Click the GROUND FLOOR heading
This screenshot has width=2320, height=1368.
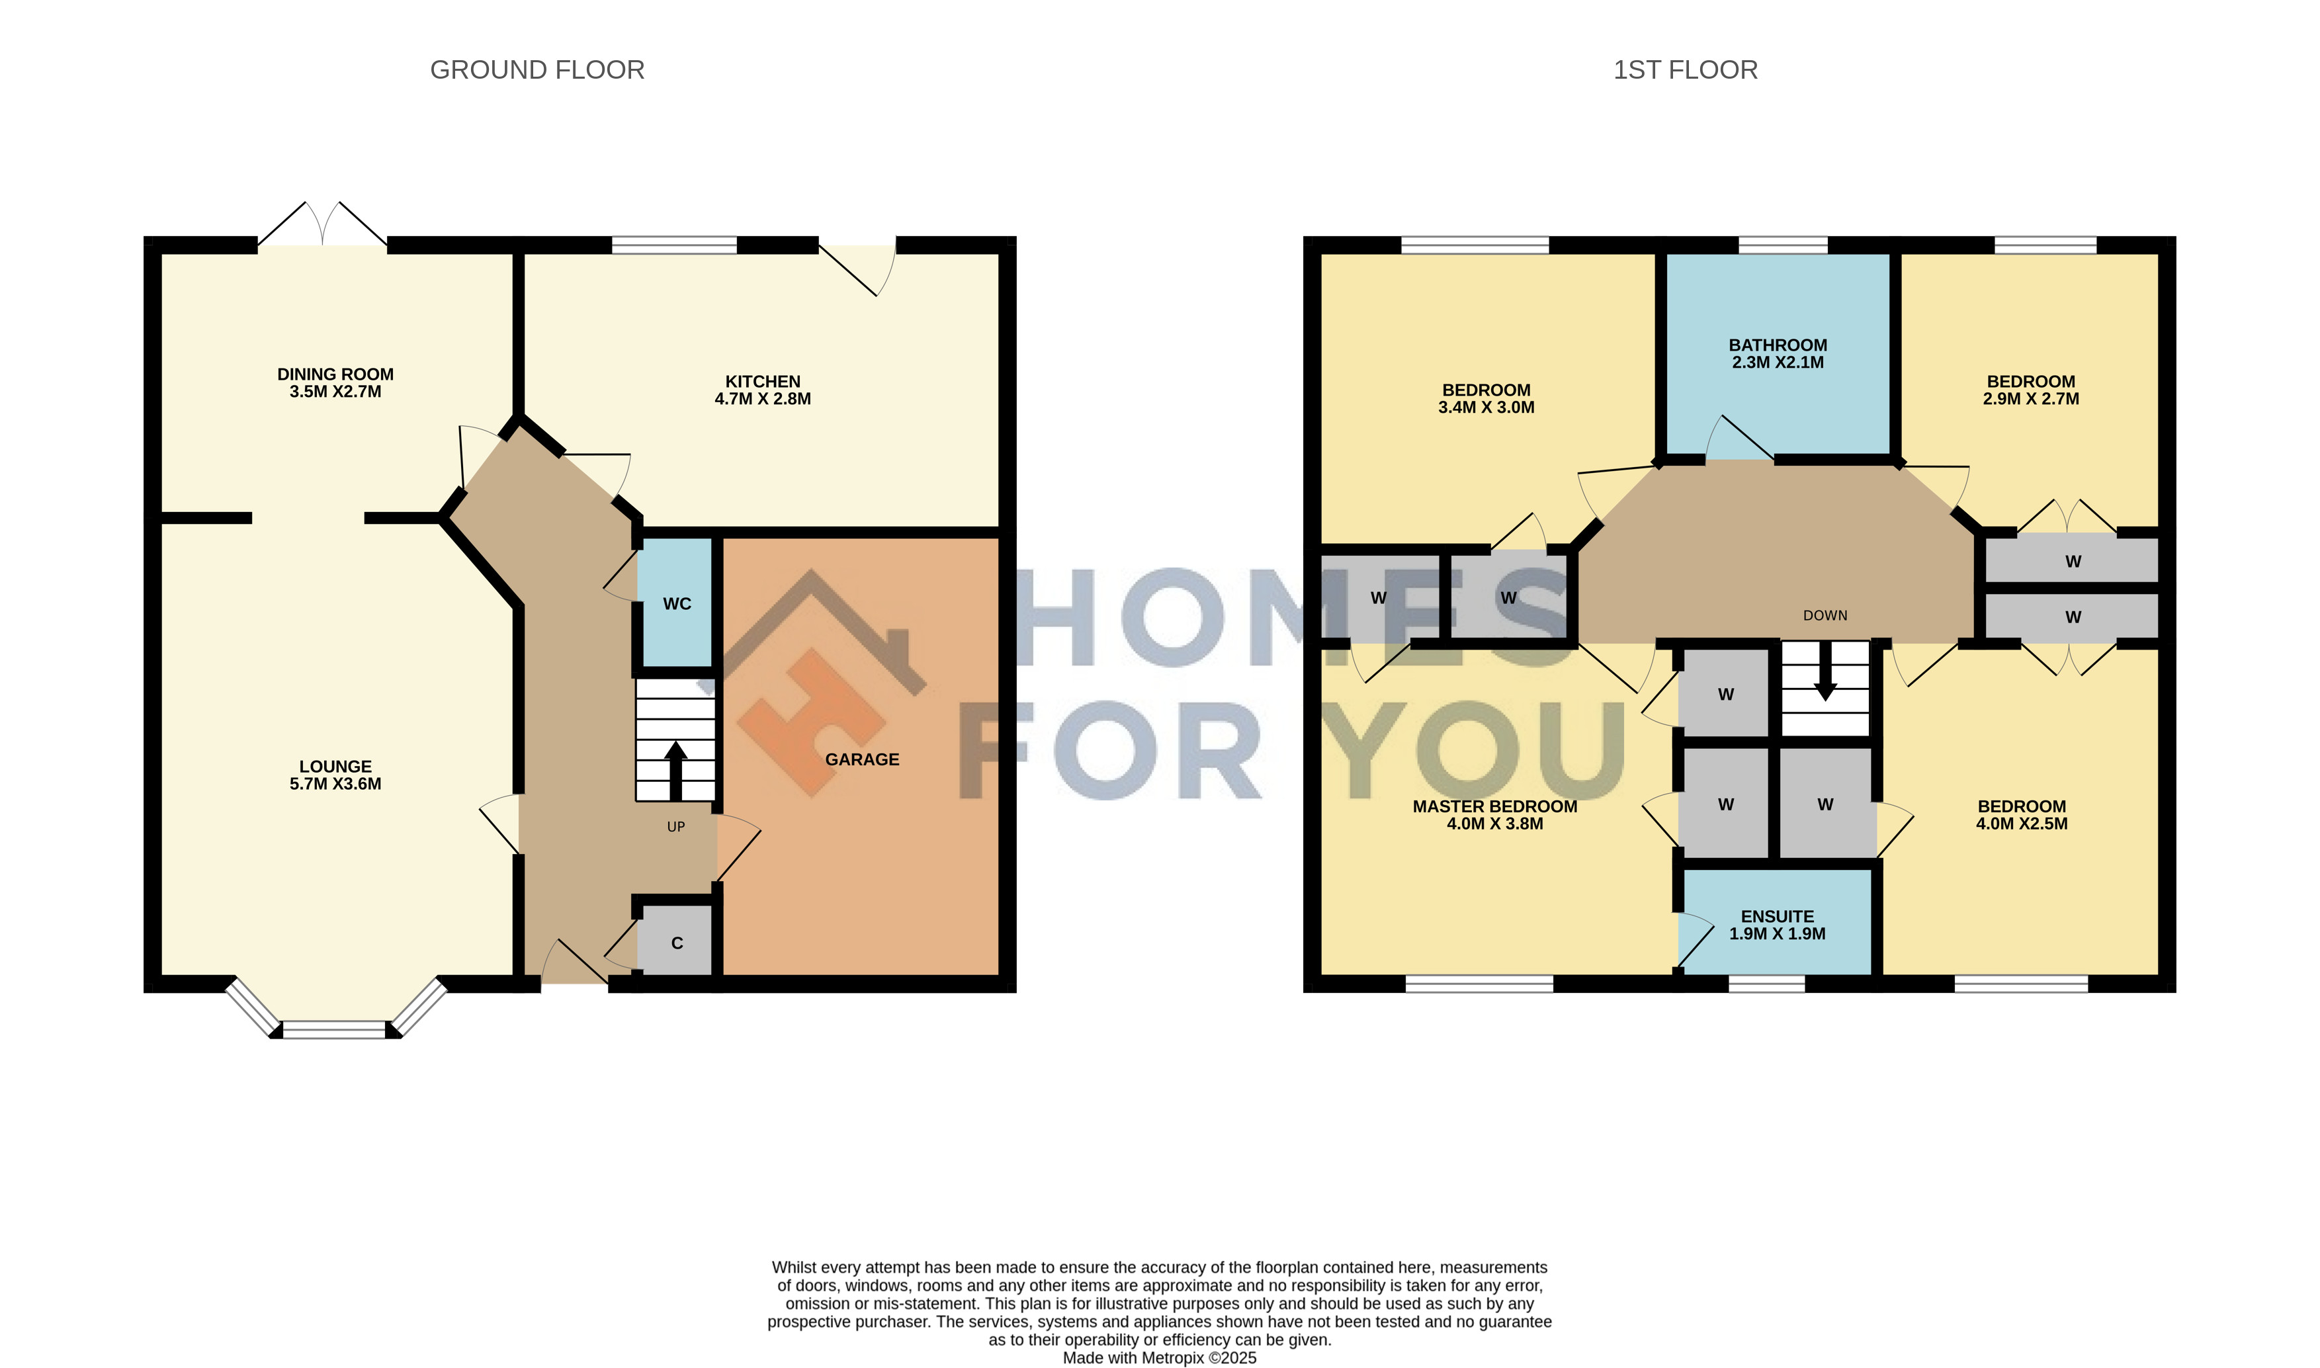click(x=537, y=70)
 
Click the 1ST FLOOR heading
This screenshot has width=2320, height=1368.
click(x=1685, y=70)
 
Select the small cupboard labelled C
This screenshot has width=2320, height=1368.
click(x=677, y=943)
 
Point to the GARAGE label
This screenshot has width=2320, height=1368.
click(x=862, y=759)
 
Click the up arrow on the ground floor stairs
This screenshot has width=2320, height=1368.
click(x=675, y=771)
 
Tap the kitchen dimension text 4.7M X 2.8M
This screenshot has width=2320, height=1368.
click(x=762, y=399)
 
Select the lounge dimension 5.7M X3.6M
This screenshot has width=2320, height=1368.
click(x=335, y=784)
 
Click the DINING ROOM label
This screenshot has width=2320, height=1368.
click(x=335, y=374)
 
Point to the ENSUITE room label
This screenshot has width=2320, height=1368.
click(x=1777, y=916)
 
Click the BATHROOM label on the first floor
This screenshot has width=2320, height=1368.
click(x=1777, y=345)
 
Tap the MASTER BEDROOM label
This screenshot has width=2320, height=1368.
click(x=1495, y=806)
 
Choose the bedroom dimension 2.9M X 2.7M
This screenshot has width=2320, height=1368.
click(x=2030, y=399)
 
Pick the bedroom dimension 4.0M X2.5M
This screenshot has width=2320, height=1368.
click(x=2022, y=824)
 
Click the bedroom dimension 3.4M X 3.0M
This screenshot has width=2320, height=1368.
click(x=1486, y=407)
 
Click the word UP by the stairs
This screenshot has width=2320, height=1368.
click(x=675, y=827)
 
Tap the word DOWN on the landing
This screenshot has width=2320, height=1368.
click(x=1825, y=616)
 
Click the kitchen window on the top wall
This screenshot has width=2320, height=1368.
click(x=674, y=244)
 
